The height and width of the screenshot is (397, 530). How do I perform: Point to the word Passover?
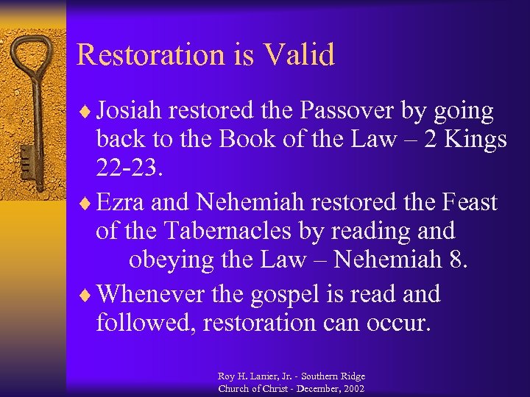tap(342, 112)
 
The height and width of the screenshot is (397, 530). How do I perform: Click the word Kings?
tap(471, 140)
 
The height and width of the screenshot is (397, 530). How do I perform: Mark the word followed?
tap(141, 323)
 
